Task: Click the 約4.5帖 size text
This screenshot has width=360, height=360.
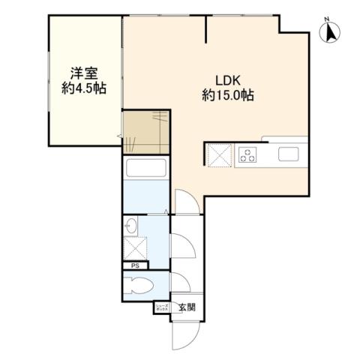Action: click(82, 88)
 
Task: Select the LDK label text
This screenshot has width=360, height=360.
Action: click(227, 79)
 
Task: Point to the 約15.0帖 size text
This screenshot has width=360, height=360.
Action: click(227, 95)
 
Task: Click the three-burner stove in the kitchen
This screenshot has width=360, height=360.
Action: click(247, 155)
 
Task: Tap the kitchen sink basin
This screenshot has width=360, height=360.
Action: click(289, 155)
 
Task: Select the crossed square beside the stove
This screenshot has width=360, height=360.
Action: click(219, 155)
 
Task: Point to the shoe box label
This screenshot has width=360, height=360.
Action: click(163, 307)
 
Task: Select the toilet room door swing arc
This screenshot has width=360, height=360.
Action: click(182, 283)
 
